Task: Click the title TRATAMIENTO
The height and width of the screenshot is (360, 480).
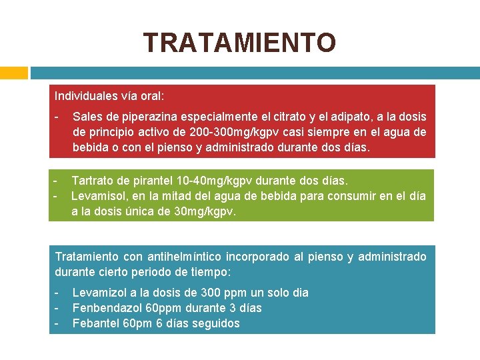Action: coord(239,43)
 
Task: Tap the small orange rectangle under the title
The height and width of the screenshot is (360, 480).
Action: coord(13,72)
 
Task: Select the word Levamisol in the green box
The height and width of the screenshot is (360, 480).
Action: coord(98,196)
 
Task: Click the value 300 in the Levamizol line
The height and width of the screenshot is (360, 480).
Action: coord(197,293)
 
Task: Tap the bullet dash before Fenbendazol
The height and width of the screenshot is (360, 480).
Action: coord(57,308)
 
